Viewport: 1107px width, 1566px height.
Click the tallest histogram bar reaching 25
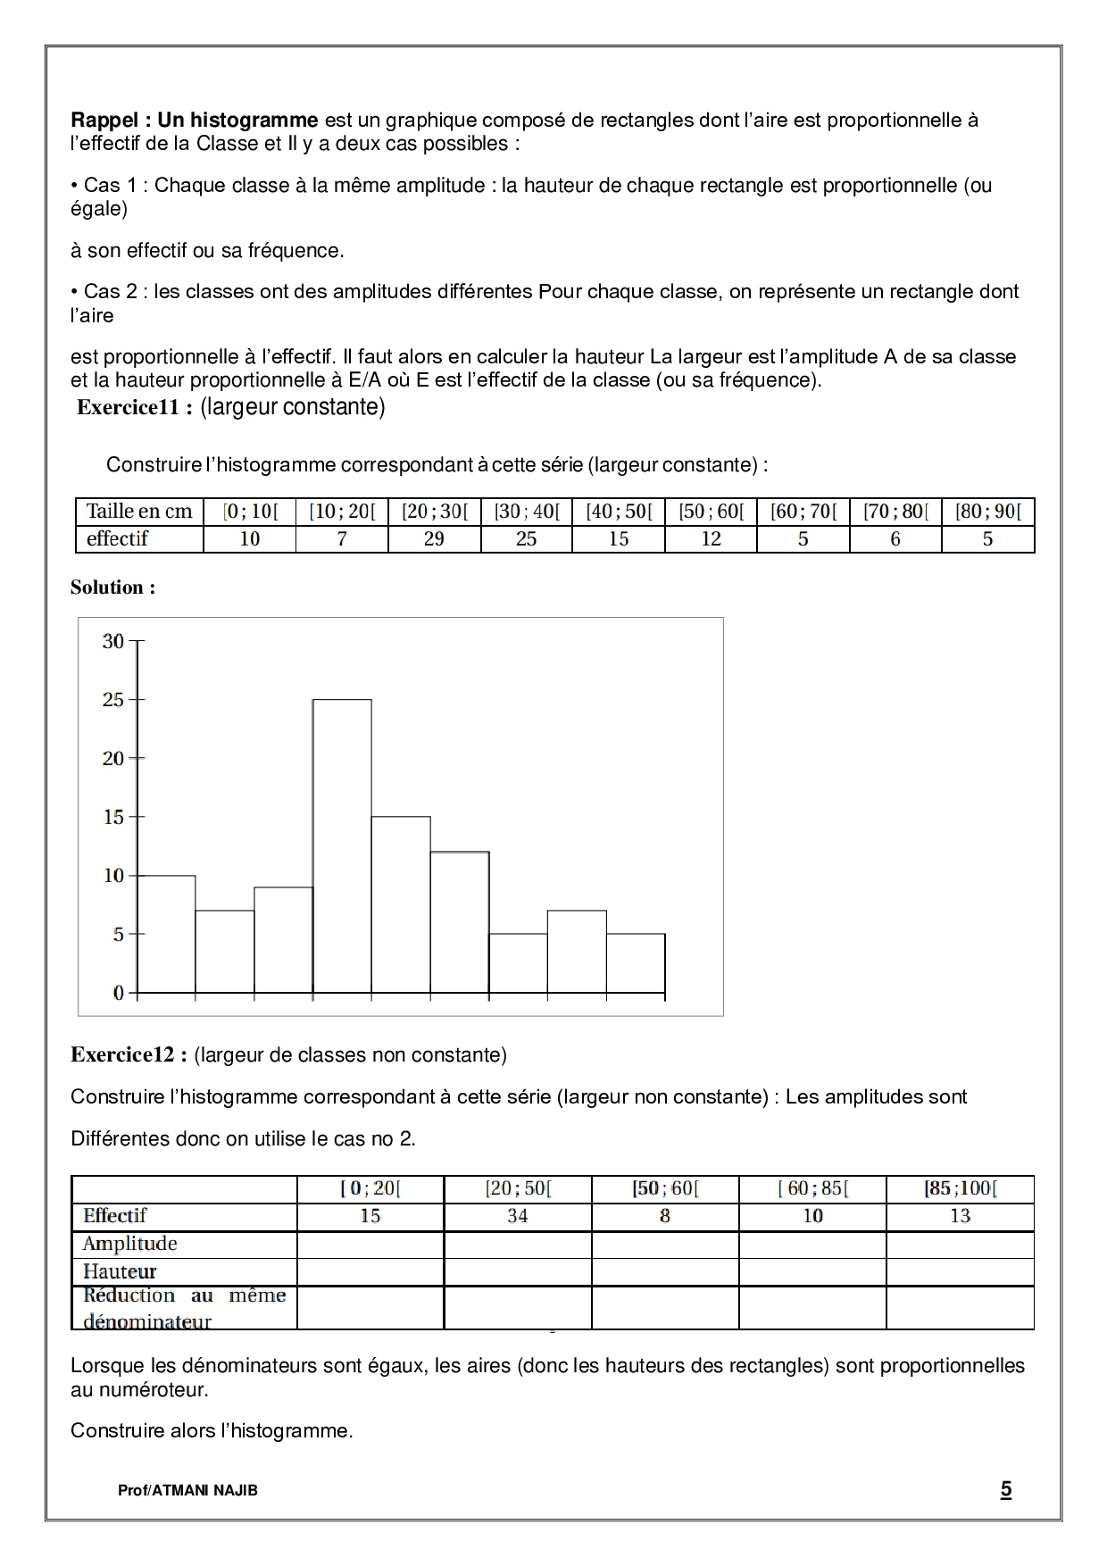pos(342,845)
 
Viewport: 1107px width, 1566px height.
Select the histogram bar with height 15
pos(401,904)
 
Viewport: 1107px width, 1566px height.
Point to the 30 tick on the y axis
pos(113,641)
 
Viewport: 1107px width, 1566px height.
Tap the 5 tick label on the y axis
pos(118,934)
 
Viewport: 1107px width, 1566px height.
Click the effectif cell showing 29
pos(434,539)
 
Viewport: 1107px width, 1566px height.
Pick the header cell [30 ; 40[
pos(527,512)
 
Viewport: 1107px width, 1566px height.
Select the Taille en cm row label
pos(139,512)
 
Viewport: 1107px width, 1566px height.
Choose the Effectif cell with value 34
pos(518,1216)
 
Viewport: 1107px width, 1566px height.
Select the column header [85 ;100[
pos(960,1188)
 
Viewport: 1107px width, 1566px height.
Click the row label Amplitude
pos(130,1244)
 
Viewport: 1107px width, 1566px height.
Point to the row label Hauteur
pos(120,1271)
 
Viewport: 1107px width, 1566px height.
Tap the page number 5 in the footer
pos(1006,1489)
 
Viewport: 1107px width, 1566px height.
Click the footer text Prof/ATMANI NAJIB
pos(187,1490)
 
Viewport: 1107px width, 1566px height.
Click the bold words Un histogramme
pos(237,121)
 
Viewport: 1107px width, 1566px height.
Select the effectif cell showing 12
pos(711,539)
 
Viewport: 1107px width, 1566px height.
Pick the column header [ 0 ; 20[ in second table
pos(370,1188)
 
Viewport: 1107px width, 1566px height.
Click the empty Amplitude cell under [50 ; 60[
pos(665,1244)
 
